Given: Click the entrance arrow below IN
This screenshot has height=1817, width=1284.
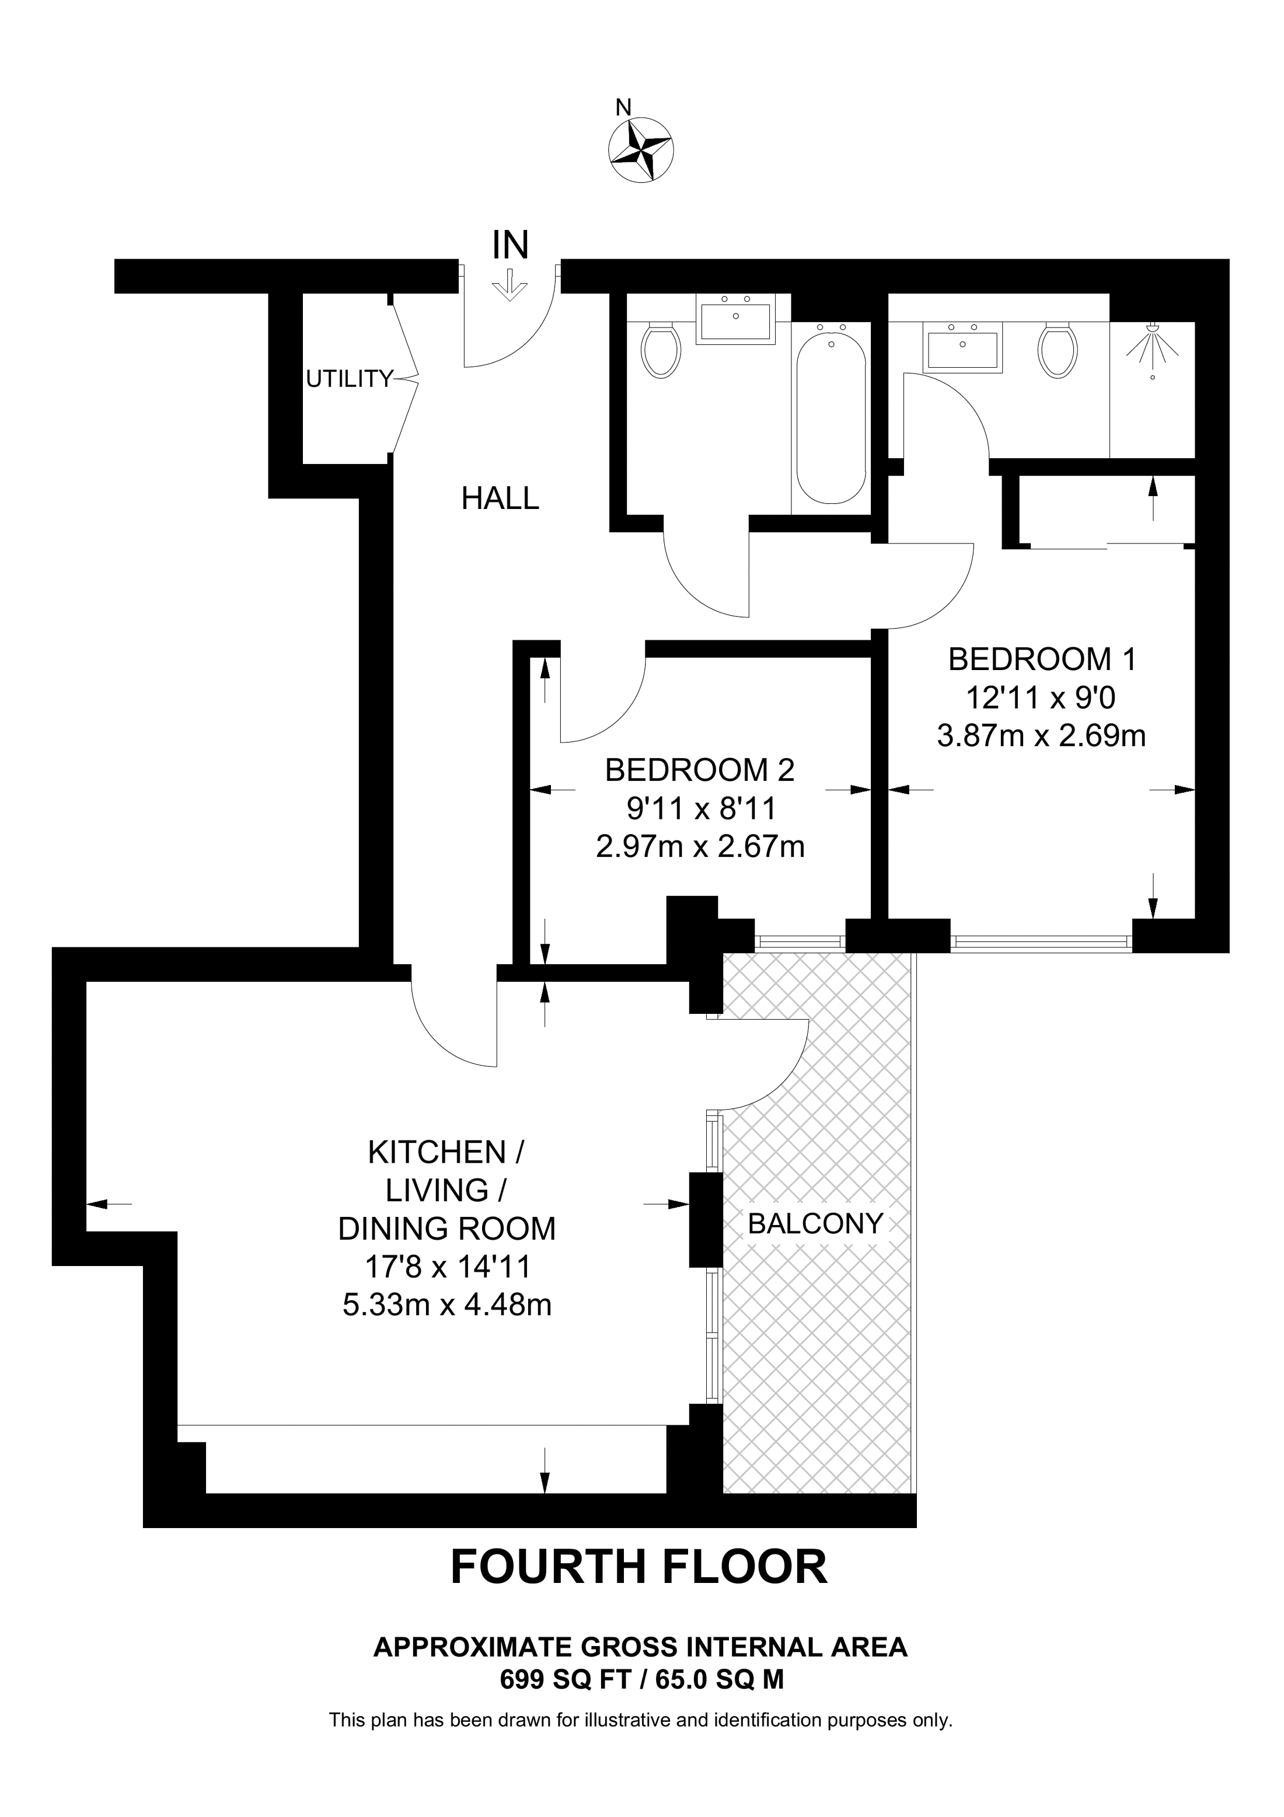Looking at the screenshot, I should (510, 285).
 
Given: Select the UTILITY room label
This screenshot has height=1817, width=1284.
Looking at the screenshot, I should (349, 380).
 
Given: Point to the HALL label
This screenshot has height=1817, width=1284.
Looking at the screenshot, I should (500, 498).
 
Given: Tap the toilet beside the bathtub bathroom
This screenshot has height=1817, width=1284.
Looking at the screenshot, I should (661, 349).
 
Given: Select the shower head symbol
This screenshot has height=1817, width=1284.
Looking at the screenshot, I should (1152, 346).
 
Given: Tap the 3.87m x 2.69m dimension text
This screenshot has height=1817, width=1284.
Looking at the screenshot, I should (1042, 736).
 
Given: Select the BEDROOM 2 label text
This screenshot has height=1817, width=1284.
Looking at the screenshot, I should (699, 770).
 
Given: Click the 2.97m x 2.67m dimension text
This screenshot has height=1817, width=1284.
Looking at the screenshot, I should (699, 848).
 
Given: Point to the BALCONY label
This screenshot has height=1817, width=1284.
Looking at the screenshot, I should (815, 1224).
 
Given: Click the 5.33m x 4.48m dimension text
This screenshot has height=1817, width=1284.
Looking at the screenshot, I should (446, 1304).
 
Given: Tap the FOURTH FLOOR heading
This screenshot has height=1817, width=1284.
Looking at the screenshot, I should (638, 1567).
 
